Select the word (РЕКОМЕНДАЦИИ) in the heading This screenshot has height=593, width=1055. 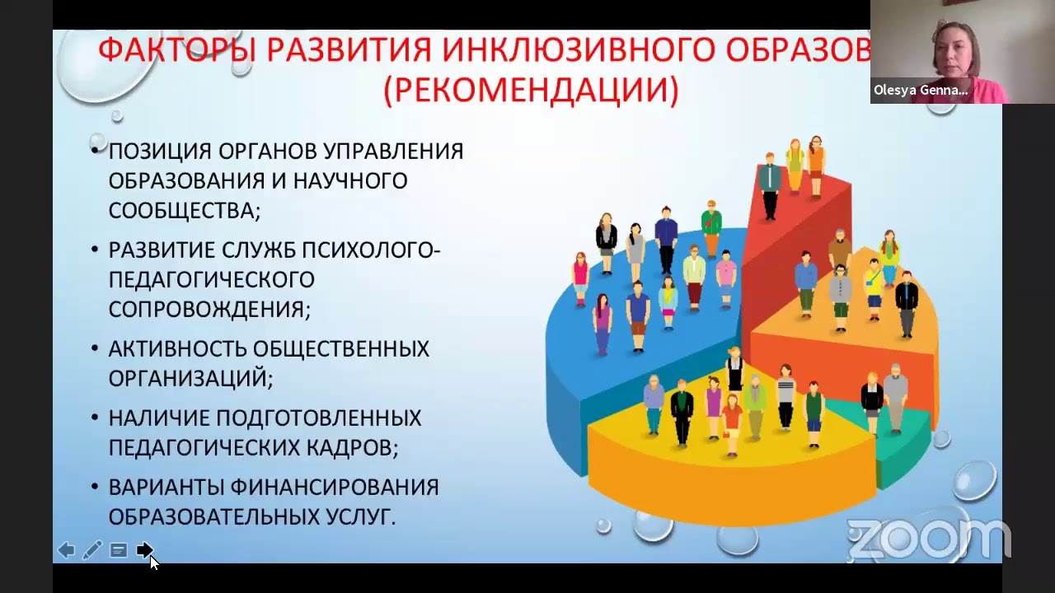531,91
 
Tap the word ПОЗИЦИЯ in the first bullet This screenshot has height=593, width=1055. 160,152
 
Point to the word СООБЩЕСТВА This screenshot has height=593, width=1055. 183,211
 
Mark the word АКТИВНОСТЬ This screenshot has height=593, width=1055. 177,348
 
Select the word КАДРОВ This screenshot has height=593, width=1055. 354,447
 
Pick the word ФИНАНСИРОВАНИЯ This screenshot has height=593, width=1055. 335,487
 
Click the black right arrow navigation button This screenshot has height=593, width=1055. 144,550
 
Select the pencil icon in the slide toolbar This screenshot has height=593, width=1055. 92,550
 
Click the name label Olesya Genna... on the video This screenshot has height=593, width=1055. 921,91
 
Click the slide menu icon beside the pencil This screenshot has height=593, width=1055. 119,550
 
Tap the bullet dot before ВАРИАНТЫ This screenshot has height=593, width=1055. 96,488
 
